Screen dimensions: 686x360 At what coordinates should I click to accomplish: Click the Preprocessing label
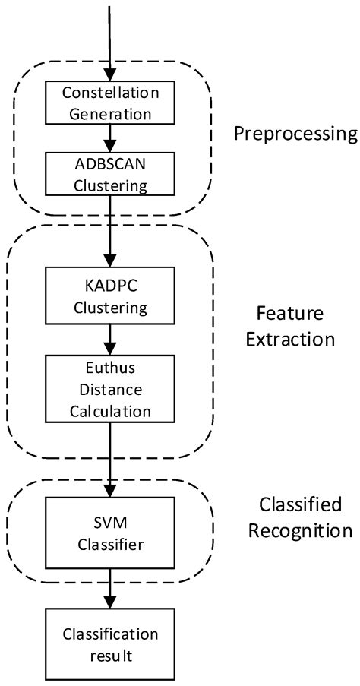(295, 134)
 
